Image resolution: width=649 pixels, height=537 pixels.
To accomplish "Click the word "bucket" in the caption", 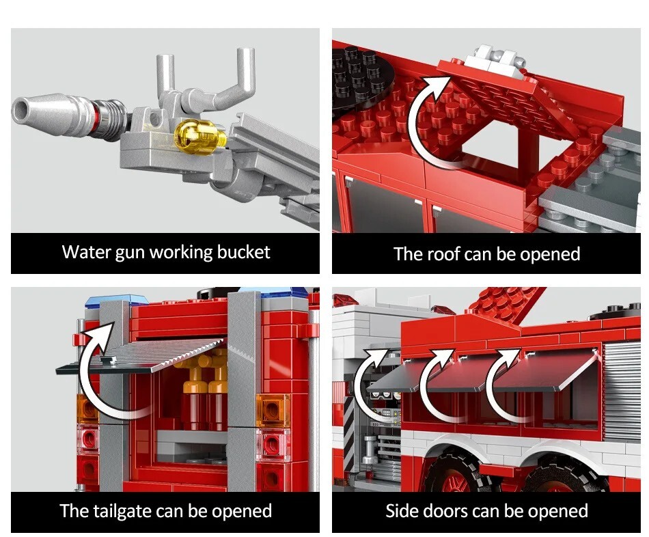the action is click(243, 252).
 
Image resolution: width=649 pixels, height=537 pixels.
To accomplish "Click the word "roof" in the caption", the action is click(444, 254).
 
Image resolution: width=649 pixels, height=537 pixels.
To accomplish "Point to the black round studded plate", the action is click(355, 79).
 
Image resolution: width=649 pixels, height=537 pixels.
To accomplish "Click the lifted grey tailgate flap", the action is click(141, 355).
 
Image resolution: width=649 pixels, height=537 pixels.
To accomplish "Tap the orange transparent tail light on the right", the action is click(273, 410).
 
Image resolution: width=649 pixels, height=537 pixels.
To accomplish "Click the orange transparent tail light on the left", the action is click(87, 409).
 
